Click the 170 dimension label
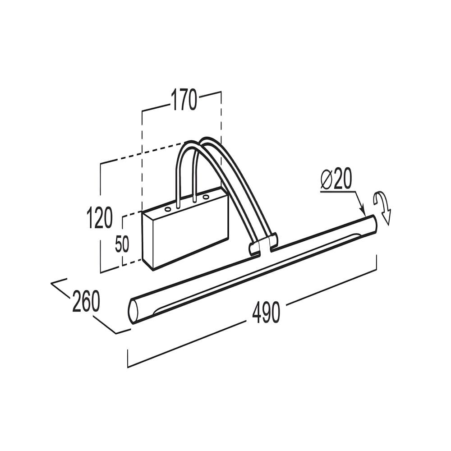[184, 100]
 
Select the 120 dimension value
[100, 217]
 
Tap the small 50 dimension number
[122, 244]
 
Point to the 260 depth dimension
[86, 301]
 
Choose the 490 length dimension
[266, 313]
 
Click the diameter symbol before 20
[327, 179]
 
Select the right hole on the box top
[205, 198]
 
